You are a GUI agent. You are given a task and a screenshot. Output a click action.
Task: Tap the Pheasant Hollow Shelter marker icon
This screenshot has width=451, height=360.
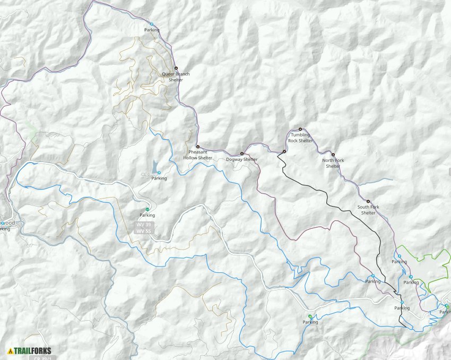click(x=198, y=147)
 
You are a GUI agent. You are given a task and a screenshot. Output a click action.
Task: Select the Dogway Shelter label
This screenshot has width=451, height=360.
click(x=241, y=159)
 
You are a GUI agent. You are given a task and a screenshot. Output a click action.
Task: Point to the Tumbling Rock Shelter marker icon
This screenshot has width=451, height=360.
click(x=300, y=129)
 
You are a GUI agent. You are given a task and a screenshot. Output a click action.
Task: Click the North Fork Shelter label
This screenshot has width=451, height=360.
click(x=333, y=163)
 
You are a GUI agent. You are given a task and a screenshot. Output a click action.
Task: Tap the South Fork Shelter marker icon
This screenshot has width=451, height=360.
click(x=368, y=202)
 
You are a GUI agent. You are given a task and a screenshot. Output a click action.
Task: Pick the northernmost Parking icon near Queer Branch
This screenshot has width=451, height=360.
click(x=151, y=24)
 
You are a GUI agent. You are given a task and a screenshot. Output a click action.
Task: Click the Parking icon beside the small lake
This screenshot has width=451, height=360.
click(x=159, y=173)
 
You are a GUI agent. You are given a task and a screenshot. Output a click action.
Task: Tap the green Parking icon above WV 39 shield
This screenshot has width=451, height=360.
click(x=148, y=209)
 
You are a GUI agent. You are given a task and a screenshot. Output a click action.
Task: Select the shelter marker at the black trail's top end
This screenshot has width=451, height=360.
click(x=284, y=152)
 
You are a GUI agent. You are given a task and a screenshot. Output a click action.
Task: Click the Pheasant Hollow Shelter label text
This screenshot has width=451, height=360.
click(x=198, y=155)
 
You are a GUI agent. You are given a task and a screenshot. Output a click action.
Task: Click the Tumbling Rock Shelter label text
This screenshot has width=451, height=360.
click(x=300, y=138)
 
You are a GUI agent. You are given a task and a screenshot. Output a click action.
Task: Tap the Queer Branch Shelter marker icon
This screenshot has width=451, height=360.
click(x=176, y=68)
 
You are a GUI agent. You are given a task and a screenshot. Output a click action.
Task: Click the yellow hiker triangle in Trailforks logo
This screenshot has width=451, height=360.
click(x=11, y=350)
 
